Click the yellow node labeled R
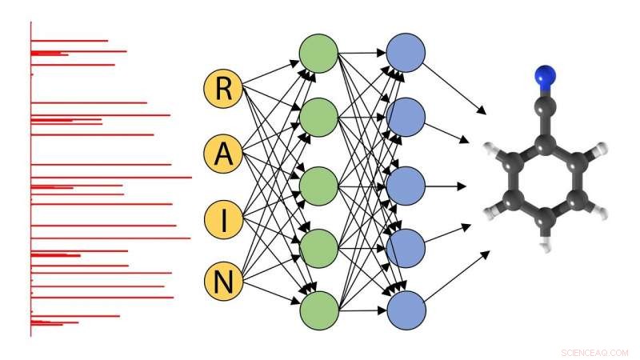pos(224,89)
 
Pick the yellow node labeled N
pos(224,282)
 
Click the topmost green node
pos(319,54)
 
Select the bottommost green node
pos(319,311)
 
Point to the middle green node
pos(319,186)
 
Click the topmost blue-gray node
pos(406,54)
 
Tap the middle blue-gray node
pos(406,186)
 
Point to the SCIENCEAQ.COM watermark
pos(595,351)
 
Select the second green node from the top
pos(319,118)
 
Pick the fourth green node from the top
pos(319,248)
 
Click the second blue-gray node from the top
pos(406,118)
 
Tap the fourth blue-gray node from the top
pos(406,248)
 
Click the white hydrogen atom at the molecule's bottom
pos(546,247)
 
